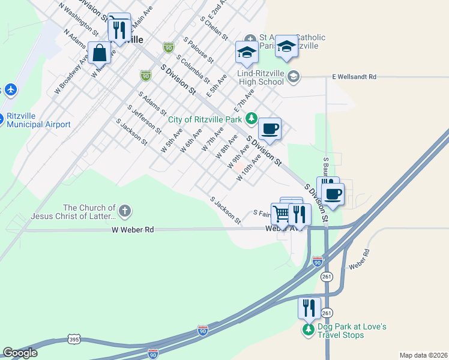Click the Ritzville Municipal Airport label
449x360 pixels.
click(x=38, y=121)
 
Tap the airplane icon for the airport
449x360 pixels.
click(x=10, y=90)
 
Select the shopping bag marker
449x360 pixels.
click(x=100, y=53)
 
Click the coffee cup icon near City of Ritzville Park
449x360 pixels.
click(x=270, y=128)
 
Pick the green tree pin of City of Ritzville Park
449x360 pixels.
click(x=253, y=117)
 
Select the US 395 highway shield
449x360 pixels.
click(x=74, y=339)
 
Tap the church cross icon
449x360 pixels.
click(x=124, y=211)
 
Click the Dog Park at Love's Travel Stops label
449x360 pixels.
click(x=345, y=331)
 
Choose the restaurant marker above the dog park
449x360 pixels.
click(x=309, y=308)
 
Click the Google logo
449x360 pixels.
click(x=20, y=353)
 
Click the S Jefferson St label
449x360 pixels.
click(x=144, y=119)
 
